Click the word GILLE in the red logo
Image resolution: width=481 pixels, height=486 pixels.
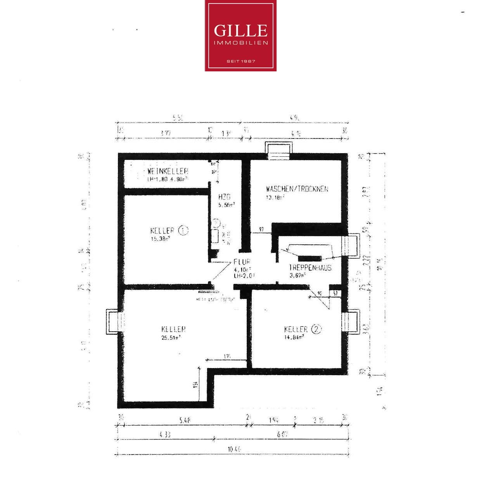pos(240,31)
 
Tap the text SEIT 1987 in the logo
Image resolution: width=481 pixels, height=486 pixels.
pos(240,61)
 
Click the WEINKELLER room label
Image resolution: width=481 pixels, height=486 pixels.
pos(168,171)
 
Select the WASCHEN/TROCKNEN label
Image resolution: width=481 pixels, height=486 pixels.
pos(297,189)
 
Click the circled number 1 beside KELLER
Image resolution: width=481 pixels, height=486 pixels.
pos(183,230)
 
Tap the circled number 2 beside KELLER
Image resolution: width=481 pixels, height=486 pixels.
pos(317,329)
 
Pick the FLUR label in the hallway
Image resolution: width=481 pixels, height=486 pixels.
pos(242,262)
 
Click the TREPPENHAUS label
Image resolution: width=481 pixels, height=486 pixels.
pos(310,268)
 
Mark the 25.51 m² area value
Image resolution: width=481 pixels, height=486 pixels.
pos(171,337)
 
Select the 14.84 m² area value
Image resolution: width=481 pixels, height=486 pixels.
pos(294,337)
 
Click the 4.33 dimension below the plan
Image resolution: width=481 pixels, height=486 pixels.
pos(164,435)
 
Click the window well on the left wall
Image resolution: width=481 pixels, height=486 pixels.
pos(114,322)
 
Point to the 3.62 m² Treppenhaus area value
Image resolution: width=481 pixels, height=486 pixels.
pos(297,276)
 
